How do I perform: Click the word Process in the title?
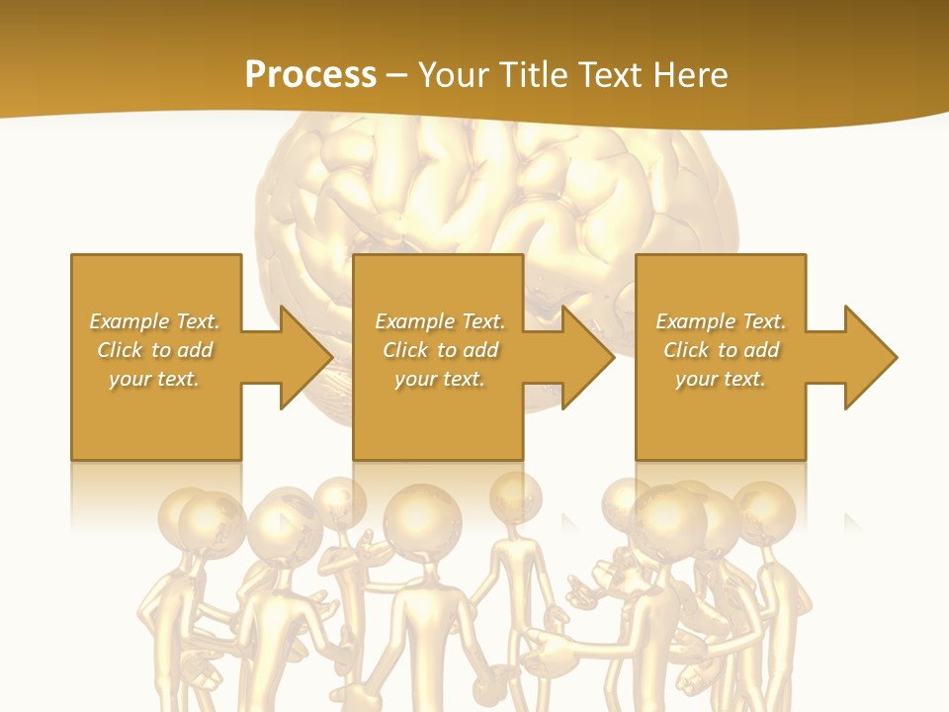coord(310,74)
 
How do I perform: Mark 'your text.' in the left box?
coord(154,379)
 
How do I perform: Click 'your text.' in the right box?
coord(720,379)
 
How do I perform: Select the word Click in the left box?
coord(118,350)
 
